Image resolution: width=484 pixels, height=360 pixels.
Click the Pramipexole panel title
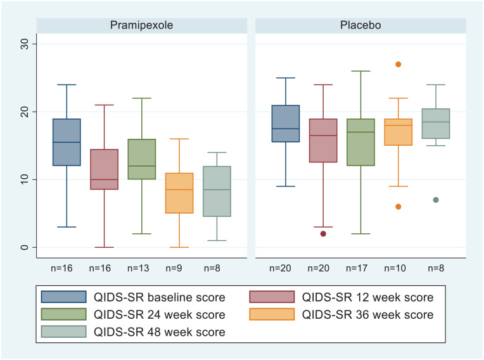click(141, 25)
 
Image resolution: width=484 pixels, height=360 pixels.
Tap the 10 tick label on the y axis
click(23, 179)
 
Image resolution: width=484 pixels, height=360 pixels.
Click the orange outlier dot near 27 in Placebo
click(398, 64)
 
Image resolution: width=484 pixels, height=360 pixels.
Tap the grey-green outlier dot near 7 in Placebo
click(435, 200)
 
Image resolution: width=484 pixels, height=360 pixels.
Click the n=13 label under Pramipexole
click(141, 269)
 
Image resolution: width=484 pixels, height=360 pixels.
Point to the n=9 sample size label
click(179, 269)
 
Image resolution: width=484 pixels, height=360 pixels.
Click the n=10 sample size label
click(398, 269)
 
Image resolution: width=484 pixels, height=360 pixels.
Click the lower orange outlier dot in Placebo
click(398, 207)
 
